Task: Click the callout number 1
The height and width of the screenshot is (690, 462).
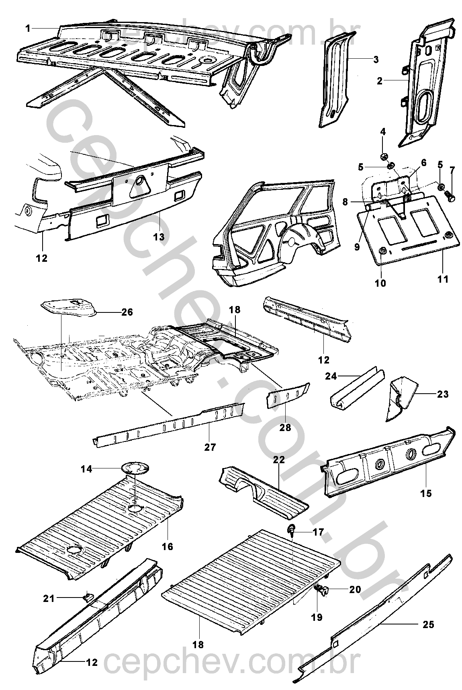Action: pyautogui.click(x=28, y=28)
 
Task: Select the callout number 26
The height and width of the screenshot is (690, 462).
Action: pyautogui.click(x=127, y=312)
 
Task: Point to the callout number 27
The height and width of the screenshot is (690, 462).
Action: pyautogui.click(x=210, y=446)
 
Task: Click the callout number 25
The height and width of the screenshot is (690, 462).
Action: pyautogui.click(x=428, y=624)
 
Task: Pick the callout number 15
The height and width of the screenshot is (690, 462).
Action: pyautogui.click(x=426, y=493)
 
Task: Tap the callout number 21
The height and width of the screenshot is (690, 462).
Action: pyautogui.click(x=49, y=598)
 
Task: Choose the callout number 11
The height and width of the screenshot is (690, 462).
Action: pyautogui.click(x=443, y=279)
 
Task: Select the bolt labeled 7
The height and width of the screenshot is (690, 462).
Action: pyautogui.click(x=450, y=198)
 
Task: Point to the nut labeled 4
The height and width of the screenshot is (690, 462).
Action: pyautogui.click(x=383, y=156)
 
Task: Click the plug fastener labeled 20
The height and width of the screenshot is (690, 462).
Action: pyautogui.click(x=325, y=590)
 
